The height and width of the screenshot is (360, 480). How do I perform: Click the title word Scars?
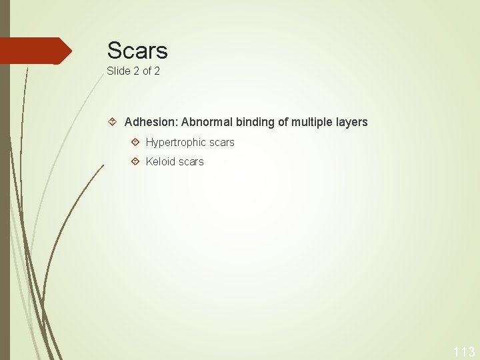point(137,50)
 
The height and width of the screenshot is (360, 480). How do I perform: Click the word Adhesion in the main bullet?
point(151,122)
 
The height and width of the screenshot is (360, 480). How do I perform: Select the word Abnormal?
point(206,122)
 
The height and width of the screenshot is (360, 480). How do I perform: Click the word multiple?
point(313,123)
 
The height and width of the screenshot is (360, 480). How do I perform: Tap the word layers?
point(352,123)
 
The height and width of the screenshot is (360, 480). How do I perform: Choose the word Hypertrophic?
point(175,142)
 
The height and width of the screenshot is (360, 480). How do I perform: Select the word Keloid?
point(161,161)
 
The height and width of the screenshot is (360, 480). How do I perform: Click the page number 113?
point(463,352)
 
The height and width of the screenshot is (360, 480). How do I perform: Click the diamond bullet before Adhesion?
point(113,122)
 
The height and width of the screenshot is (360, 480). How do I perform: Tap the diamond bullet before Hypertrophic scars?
point(135,142)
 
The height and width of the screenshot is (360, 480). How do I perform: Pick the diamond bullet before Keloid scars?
point(135,161)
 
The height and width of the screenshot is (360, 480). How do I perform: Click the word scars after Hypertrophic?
point(221,142)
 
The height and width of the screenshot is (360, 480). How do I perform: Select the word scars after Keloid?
point(191,161)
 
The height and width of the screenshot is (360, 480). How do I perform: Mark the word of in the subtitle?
point(147,71)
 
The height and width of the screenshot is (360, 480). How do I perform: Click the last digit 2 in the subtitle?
point(157,71)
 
